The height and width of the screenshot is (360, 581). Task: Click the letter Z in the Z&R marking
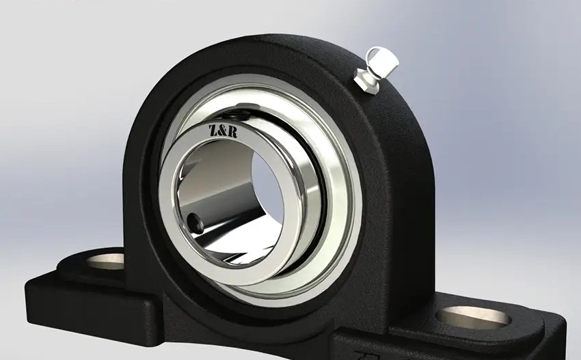point(213,130)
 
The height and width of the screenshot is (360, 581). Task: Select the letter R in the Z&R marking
point(232,132)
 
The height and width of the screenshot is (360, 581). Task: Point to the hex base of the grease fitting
point(366,81)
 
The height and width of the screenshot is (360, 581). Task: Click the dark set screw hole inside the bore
point(195,223)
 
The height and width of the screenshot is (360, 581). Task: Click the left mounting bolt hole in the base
point(105,261)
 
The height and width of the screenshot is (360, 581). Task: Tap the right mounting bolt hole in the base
point(473,318)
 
